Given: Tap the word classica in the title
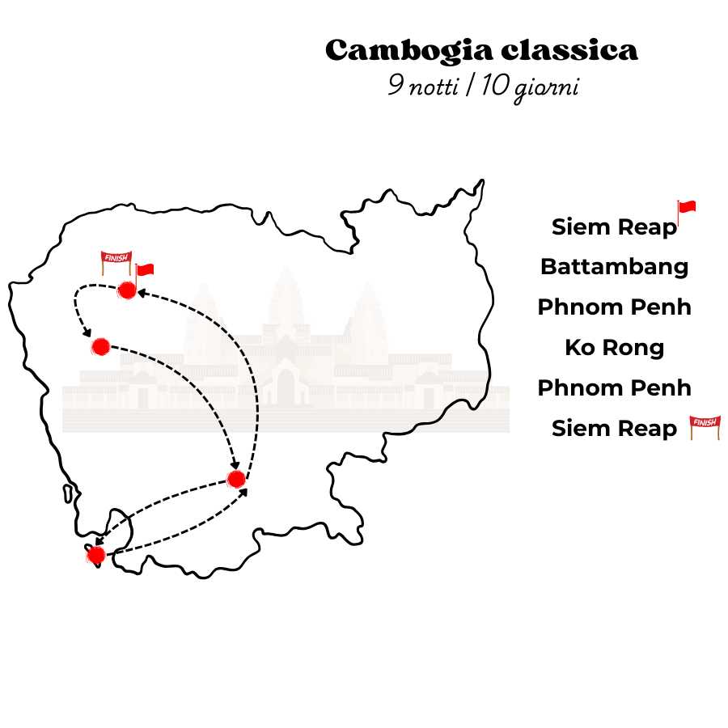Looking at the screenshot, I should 569,51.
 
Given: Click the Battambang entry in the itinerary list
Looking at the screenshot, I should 614,267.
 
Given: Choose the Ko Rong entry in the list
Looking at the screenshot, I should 614,348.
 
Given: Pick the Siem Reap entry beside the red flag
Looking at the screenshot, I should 614,227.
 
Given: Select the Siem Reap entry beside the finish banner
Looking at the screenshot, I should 614,429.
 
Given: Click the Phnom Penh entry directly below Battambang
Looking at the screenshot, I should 614,307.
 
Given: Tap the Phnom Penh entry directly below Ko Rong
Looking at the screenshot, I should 614,388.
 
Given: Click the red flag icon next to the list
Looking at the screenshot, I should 686,211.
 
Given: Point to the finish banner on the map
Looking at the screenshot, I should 114,260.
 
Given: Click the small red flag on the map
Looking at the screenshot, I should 144,271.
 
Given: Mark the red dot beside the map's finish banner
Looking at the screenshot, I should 126,290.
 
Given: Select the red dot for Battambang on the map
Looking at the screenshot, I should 100,346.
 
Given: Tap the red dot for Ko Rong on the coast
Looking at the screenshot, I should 95,555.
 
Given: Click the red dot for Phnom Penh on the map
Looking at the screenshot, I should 236,479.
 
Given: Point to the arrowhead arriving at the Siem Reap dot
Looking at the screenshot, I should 141,293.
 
